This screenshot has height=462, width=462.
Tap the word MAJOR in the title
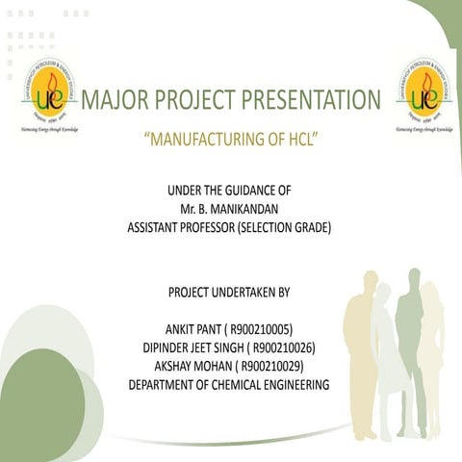coord(115,100)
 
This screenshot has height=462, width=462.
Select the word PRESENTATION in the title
coord(311,100)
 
